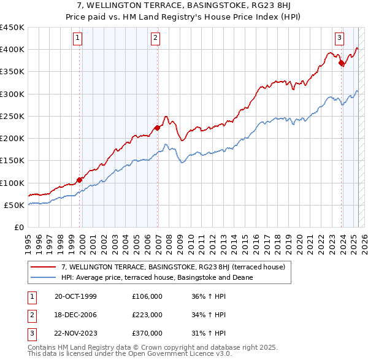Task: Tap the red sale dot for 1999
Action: tap(80, 180)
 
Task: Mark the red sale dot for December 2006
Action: tap(158, 128)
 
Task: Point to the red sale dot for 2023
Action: tap(341, 62)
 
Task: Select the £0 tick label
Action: tap(18, 228)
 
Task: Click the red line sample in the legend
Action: tap(43, 268)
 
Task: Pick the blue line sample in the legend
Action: tap(43, 277)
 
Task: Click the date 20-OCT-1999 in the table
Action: tap(75, 296)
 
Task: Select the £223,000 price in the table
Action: tap(147, 315)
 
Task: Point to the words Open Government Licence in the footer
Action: tap(163, 354)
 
